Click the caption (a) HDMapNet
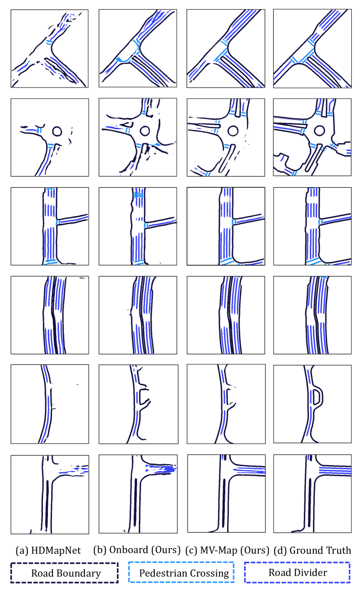tap(48, 551)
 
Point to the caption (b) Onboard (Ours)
tap(137, 550)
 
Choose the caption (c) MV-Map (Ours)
tap(227, 550)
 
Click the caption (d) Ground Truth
tap(312, 550)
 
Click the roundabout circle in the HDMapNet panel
tap(57, 131)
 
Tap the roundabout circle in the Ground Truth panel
tap(319, 131)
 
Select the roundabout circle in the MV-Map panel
tap(233, 131)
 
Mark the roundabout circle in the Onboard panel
tap(145, 131)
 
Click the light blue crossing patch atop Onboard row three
tap(138, 195)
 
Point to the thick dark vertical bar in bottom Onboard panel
tap(136, 502)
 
